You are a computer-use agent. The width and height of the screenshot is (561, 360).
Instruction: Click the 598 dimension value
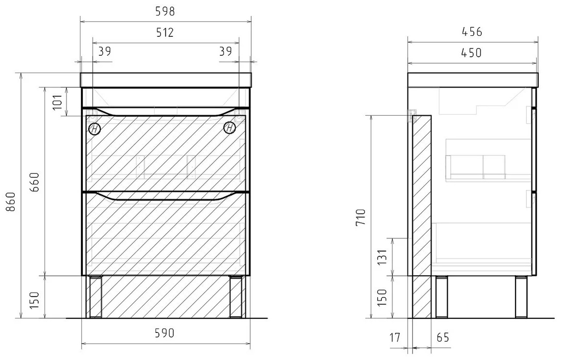165,12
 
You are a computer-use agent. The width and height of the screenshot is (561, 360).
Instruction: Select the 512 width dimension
165,32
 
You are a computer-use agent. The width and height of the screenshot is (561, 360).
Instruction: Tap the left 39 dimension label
104,51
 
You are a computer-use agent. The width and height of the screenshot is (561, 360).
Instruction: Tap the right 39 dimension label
225,51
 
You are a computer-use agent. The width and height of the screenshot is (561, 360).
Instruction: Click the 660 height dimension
34,182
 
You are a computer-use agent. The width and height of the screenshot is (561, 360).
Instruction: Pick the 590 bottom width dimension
164,333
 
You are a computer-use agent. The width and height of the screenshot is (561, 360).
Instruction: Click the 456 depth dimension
472,32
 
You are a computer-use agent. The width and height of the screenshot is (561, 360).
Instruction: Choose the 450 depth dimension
472,53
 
